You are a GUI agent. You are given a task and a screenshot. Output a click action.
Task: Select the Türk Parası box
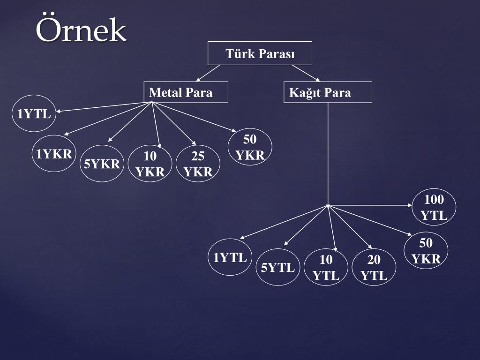260,54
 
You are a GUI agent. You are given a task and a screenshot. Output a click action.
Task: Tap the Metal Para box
186,92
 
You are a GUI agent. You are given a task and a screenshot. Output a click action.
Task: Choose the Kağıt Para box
328,92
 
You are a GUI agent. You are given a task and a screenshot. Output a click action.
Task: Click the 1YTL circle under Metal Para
34,113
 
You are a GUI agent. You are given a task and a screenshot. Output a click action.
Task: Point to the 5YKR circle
102,164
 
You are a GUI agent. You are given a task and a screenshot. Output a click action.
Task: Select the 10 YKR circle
150,164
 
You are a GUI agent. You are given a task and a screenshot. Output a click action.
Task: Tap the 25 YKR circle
198,164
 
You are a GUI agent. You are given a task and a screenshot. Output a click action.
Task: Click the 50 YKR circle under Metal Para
250,147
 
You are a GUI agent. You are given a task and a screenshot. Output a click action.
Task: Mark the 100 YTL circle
434,208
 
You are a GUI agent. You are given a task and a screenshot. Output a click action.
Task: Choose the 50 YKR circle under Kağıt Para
426,251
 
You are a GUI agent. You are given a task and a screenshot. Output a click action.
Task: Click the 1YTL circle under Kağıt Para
230,257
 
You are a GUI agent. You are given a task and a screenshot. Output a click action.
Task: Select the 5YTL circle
278,268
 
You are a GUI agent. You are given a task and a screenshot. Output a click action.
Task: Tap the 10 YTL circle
326,268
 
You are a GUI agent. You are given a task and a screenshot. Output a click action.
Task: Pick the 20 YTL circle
374,268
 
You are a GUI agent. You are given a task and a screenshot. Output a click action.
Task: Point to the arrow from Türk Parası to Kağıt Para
306,73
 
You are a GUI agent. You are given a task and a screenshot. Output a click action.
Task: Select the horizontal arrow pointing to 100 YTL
370,205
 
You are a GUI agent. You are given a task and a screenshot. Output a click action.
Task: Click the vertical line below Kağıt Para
328,150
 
